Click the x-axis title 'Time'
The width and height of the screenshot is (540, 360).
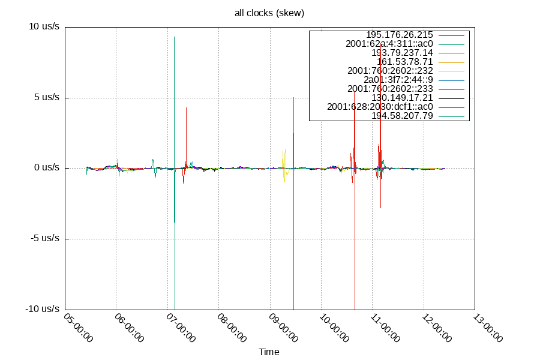269,352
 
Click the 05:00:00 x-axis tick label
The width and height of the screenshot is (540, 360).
78,328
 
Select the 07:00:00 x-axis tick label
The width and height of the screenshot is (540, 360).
181,328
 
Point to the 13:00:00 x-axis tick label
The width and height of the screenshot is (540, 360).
488,328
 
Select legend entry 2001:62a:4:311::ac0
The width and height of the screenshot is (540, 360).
389,44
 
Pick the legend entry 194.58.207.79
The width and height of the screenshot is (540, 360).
402,116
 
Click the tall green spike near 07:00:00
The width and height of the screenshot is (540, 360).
174,90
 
